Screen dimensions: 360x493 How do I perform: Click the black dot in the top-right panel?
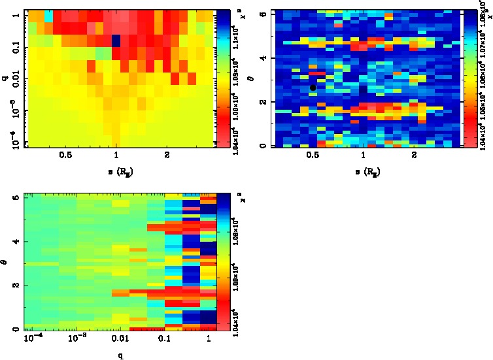313,88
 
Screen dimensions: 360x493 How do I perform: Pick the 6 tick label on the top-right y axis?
264,14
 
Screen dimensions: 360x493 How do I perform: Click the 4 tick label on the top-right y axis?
264,58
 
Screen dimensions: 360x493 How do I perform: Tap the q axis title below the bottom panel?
121,356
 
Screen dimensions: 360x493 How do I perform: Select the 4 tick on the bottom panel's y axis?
16,242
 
